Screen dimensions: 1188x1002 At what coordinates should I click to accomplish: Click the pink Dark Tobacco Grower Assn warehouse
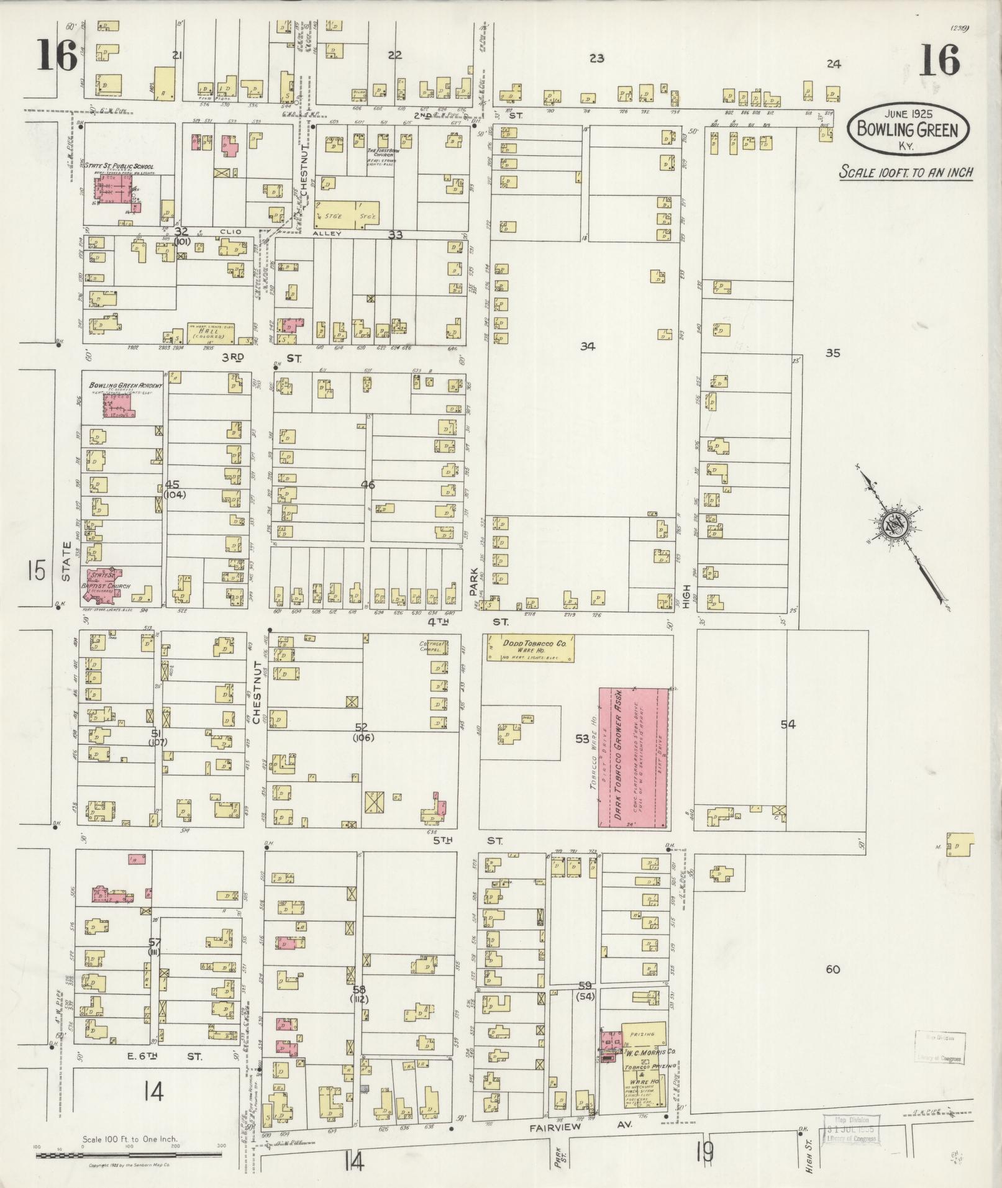pyautogui.click(x=633, y=757)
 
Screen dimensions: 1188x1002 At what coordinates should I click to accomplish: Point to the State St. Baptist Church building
pyautogui.click(x=104, y=585)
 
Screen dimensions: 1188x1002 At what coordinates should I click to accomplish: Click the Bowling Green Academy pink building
pyautogui.click(x=118, y=404)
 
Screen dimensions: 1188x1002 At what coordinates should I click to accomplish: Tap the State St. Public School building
pyautogui.click(x=118, y=191)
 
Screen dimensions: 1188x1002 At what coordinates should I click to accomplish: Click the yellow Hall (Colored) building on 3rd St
pyautogui.click(x=211, y=334)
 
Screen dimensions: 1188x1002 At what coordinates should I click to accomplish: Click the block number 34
pyautogui.click(x=587, y=347)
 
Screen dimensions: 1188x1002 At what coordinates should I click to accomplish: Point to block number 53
pyautogui.click(x=581, y=738)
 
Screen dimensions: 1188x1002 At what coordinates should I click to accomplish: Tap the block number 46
pyautogui.click(x=368, y=484)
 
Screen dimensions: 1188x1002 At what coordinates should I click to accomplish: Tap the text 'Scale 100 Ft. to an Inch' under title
pyautogui.click(x=906, y=173)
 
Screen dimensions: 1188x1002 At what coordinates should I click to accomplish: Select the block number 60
pyautogui.click(x=832, y=969)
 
